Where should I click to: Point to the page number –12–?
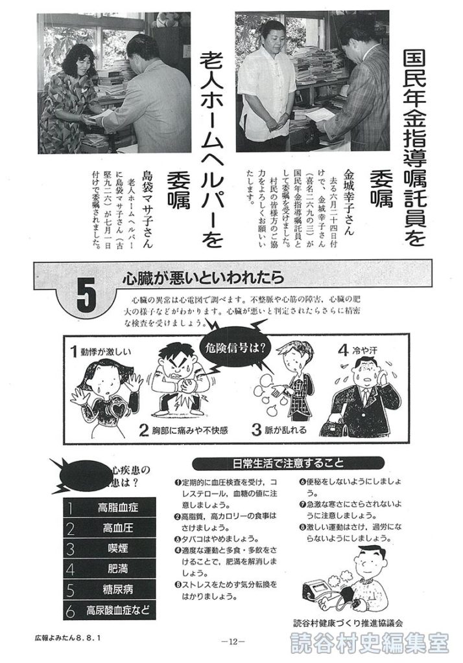[x=231, y=643]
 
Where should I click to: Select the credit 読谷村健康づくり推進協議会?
[x=348, y=623]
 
